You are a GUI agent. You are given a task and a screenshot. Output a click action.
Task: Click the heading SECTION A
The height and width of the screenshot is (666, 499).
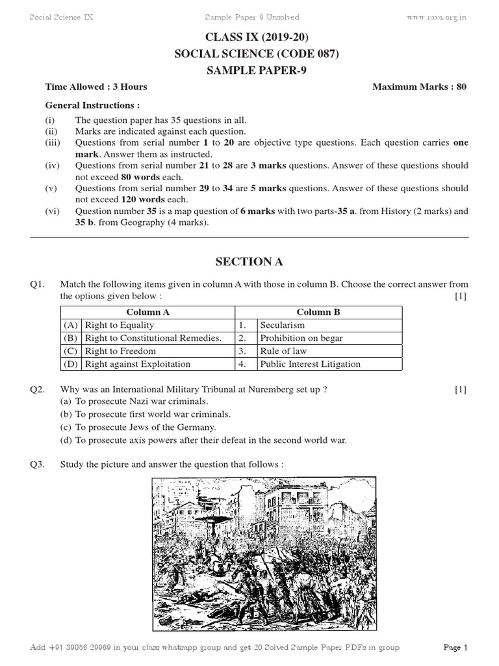[249, 262]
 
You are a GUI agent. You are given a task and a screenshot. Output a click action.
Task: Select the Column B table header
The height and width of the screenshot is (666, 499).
[318, 312]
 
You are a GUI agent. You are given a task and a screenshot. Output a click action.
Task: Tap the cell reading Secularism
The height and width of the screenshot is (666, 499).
[282, 325]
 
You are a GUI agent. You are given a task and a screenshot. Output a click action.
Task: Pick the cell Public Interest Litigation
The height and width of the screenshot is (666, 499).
[310, 364]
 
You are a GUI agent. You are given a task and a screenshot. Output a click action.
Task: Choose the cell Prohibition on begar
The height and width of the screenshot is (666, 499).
[301, 338]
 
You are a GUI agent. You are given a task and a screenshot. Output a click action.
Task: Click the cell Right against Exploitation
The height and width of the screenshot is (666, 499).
[138, 364]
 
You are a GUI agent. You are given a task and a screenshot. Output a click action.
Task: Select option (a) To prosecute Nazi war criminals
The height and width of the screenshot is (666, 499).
[134, 401]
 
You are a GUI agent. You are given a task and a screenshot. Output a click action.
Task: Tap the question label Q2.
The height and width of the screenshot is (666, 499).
[36, 390]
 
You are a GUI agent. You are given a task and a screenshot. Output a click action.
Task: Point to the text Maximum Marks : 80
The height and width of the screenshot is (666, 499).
[419, 87]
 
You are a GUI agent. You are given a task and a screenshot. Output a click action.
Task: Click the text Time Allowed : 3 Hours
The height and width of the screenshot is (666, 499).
[96, 87]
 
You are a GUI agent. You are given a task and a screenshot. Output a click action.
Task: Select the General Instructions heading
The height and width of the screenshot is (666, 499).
[92, 105]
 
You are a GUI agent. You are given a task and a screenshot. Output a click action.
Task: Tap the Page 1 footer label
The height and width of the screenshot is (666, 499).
[455, 648]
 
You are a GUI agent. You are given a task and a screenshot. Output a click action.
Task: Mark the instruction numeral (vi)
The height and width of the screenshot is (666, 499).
[52, 211]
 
